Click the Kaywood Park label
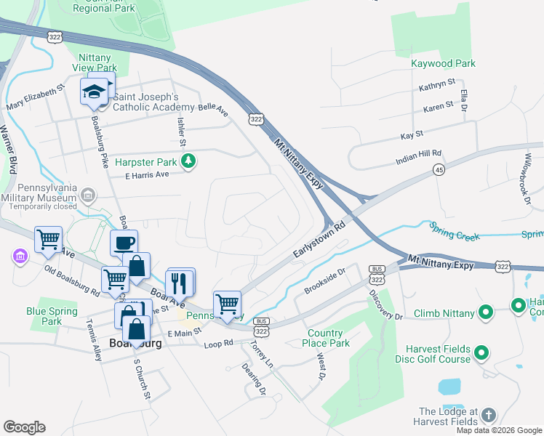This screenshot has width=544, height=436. [x=443, y=63]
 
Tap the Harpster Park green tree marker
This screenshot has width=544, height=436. [x=188, y=160]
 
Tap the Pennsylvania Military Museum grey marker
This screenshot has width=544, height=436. [x=88, y=195]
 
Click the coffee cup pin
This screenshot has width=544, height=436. [x=124, y=243]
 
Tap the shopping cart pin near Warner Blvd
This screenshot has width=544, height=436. [x=48, y=239]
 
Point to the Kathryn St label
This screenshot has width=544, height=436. [x=436, y=86]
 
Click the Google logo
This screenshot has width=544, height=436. [x=24, y=427]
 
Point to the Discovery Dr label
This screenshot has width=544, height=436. [x=385, y=305]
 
